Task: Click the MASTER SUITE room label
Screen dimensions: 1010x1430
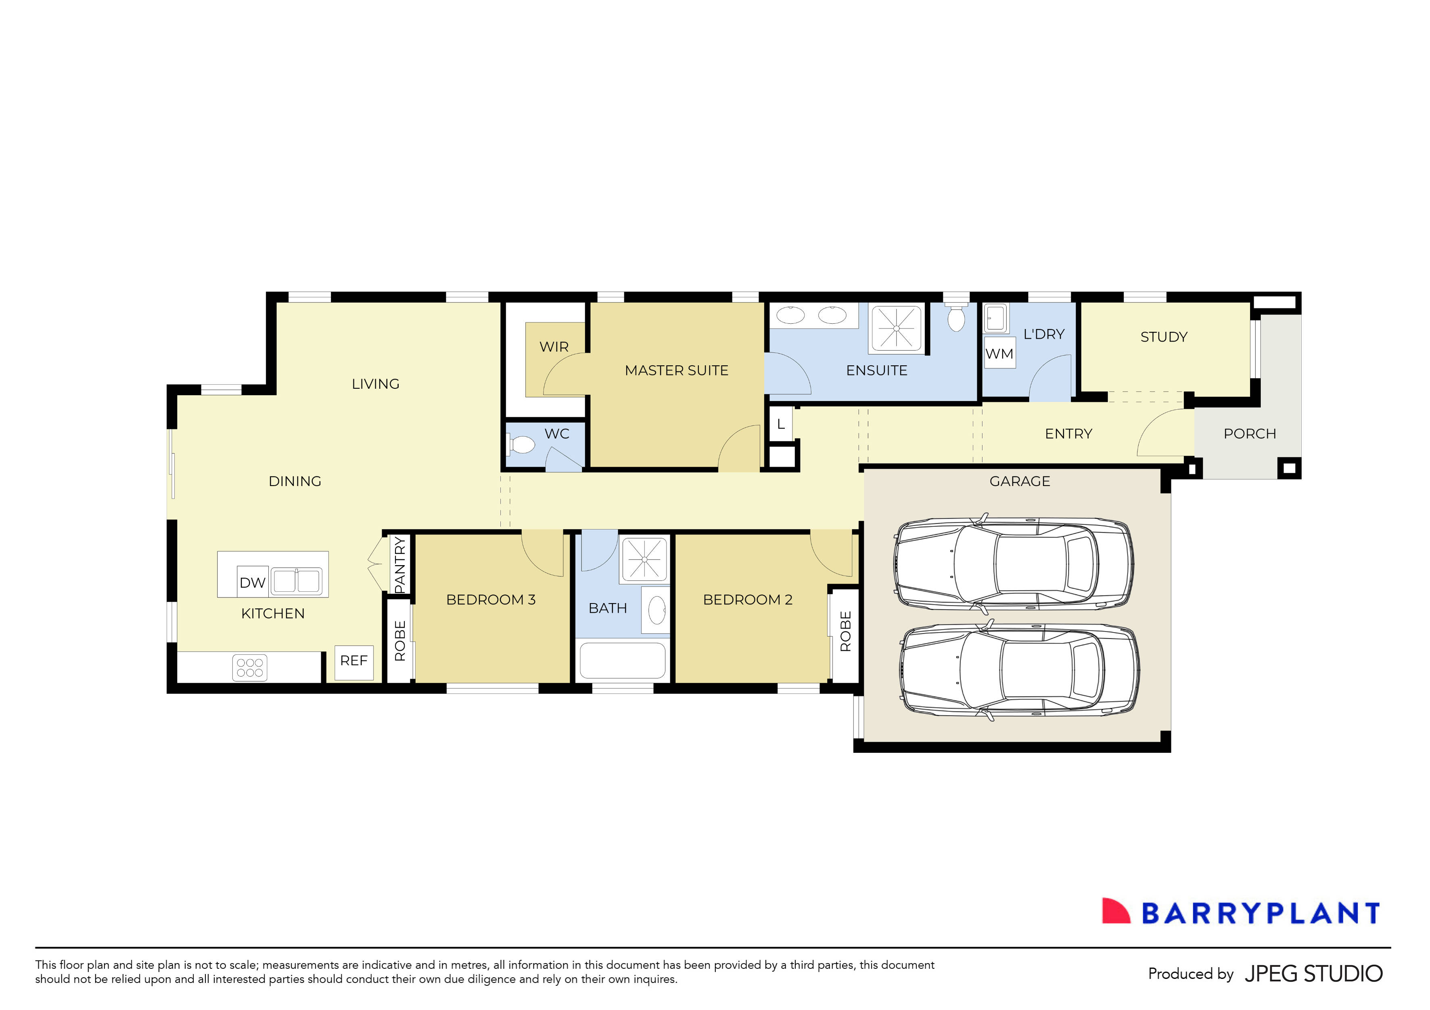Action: (x=676, y=371)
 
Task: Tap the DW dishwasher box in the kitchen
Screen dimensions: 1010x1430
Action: (x=252, y=583)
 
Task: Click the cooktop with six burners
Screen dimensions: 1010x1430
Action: (x=250, y=667)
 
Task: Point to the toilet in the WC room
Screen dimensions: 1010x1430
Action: (x=522, y=444)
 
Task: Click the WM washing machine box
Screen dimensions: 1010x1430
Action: (x=999, y=354)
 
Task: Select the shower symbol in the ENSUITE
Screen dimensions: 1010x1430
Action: (x=896, y=328)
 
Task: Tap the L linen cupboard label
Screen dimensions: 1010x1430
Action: (x=780, y=424)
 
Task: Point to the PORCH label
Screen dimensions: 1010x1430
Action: (x=1249, y=434)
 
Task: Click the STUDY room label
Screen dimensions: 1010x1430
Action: (x=1163, y=337)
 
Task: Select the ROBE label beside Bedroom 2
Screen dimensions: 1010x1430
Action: (x=845, y=631)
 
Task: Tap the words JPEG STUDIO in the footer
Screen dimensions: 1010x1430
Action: (x=1313, y=973)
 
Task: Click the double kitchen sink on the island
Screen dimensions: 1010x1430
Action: (x=297, y=581)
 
